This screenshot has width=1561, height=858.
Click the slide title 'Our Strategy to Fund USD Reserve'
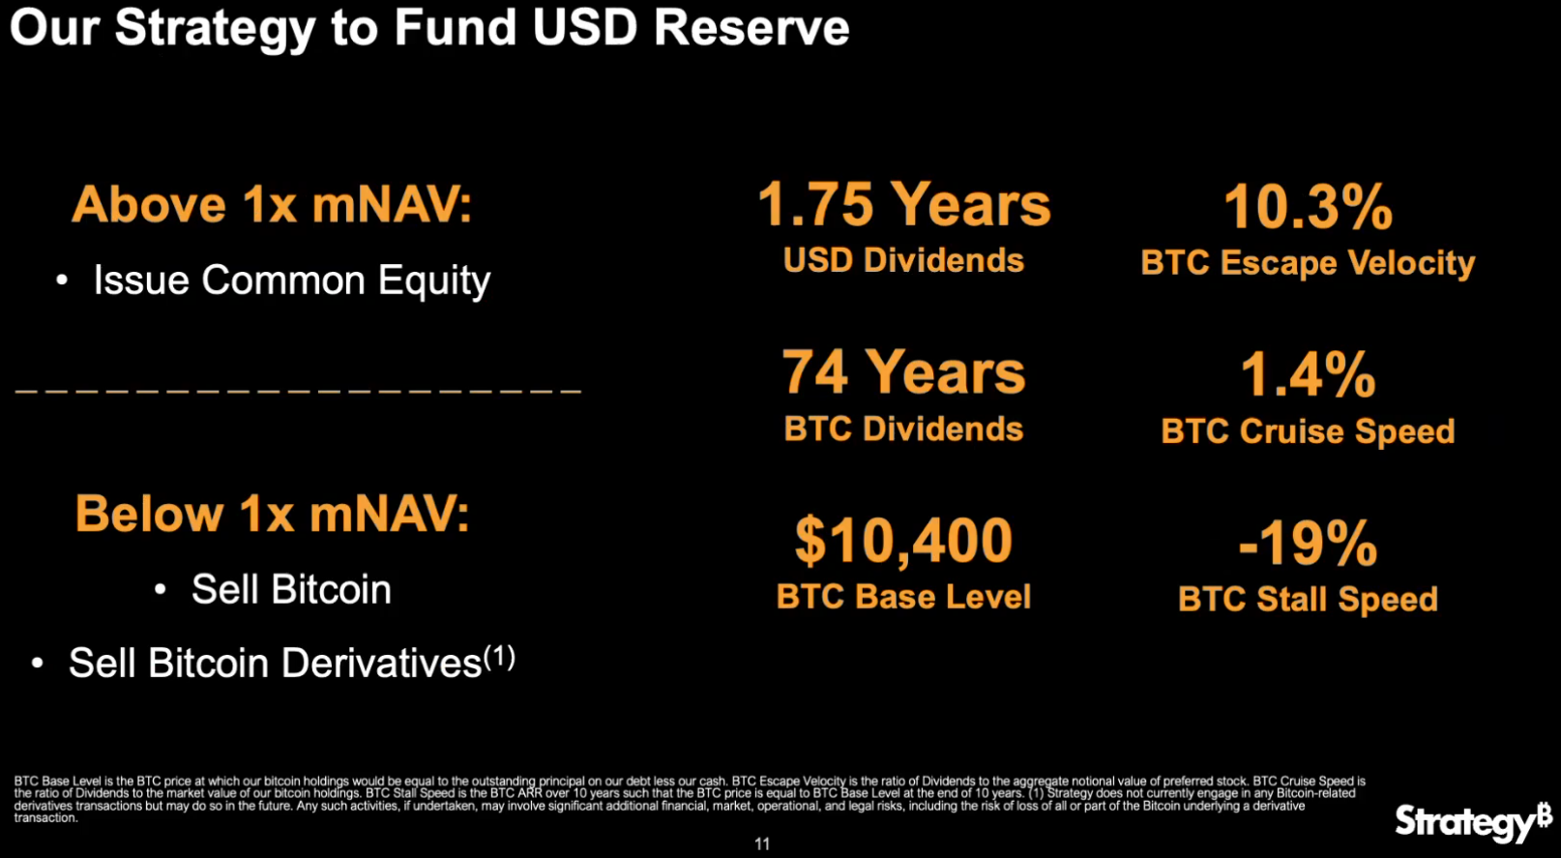click(429, 29)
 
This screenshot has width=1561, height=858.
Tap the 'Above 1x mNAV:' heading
click(272, 205)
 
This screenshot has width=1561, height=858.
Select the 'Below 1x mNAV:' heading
click(272, 514)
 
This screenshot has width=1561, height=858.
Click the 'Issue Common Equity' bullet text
click(292, 281)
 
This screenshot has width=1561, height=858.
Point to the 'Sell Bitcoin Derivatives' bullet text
click(276, 663)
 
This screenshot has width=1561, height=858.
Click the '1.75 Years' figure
click(904, 205)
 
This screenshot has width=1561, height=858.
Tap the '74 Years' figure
click(904, 372)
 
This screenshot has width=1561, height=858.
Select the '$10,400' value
click(904, 540)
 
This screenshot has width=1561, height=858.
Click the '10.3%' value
click(1308, 207)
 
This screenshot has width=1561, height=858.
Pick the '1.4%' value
click(1308, 375)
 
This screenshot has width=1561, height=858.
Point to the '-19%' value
click(1308, 543)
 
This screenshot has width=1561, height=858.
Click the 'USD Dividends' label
click(904, 260)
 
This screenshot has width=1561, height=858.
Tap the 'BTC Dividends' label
click(904, 429)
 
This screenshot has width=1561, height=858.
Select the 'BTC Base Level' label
click(904, 597)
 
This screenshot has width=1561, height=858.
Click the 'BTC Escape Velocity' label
click(1308, 263)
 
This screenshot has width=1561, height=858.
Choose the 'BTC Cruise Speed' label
click(1308, 431)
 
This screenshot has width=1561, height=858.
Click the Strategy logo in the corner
click(1473, 822)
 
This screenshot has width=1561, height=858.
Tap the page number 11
click(762, 844)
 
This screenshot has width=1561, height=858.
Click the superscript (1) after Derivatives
click(500, 657)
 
